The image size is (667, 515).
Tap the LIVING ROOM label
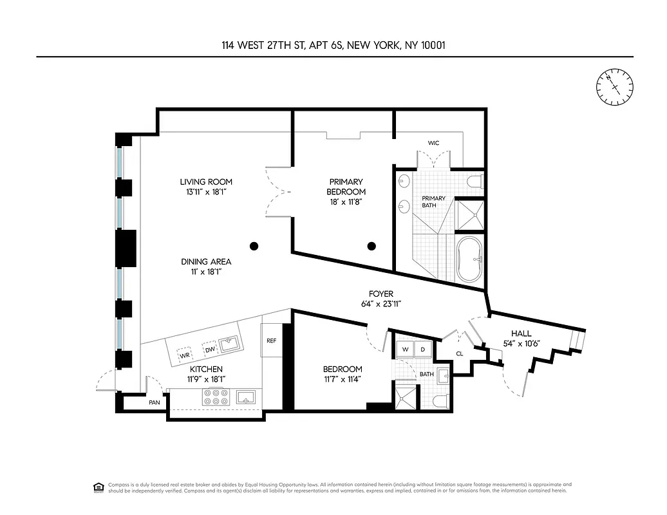[206, 182]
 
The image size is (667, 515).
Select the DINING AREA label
[206, 261]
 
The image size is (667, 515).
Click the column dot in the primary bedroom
[371, 245]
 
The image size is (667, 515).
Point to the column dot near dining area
[254, 245]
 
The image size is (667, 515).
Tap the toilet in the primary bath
[475, 182]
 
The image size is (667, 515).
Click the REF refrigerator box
[271, 341]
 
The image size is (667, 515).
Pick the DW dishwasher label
[209, 350]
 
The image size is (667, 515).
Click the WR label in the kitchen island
[184, 355]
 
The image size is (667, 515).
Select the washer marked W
[405, 350]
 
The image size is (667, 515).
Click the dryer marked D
[423, 350]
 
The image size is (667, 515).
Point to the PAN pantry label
[155, 402]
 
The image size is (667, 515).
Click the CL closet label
[460, 353]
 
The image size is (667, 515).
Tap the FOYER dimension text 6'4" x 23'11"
[381, 304]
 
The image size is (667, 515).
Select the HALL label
[521, 333]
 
